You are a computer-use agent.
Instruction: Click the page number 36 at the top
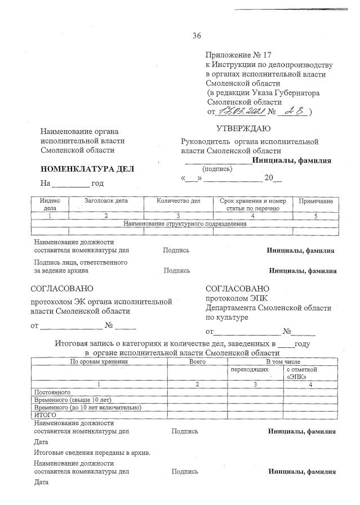point(197,36)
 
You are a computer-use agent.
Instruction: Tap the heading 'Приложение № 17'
point(238,55)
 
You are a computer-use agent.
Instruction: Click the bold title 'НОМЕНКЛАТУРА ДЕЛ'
point(87,169)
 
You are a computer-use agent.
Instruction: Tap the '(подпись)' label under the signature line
point(217,168)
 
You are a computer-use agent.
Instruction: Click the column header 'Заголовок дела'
point(106,201)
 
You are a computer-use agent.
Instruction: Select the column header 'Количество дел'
point(178,201)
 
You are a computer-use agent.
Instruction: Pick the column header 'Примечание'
point(315,201)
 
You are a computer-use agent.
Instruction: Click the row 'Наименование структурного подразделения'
point(185,224)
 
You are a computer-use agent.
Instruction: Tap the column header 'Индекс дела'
point(50,204)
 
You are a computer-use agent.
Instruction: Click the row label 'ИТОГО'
point(45,415)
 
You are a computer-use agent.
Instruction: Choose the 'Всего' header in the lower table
point(197,361)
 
